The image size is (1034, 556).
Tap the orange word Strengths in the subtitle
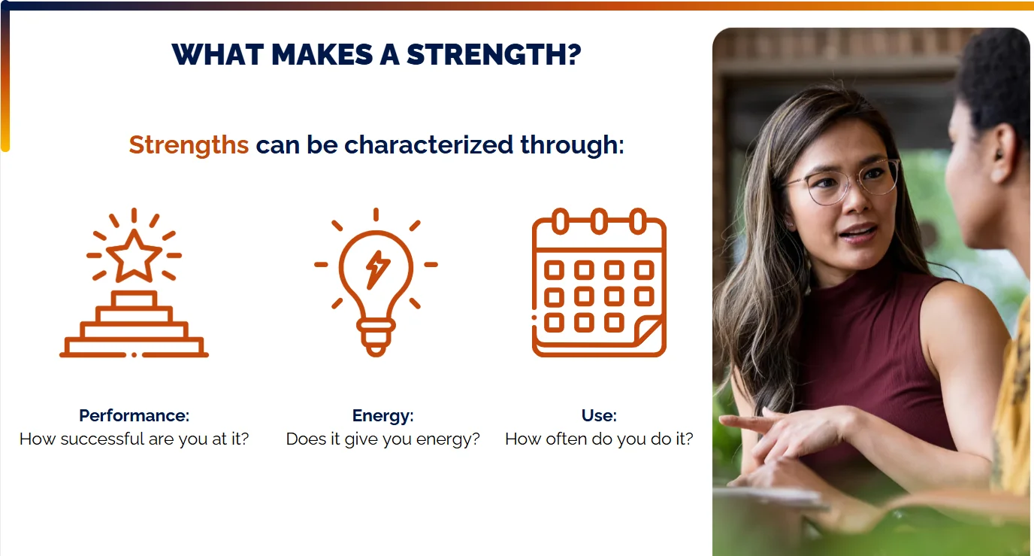click(189, 144)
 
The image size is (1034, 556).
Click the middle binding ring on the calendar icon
click(599, 222)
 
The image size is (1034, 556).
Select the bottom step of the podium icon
click(134, 346)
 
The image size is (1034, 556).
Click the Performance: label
click(134, 415)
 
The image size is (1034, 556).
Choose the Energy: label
click(382, 415)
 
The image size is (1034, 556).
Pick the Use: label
click(599, 415)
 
